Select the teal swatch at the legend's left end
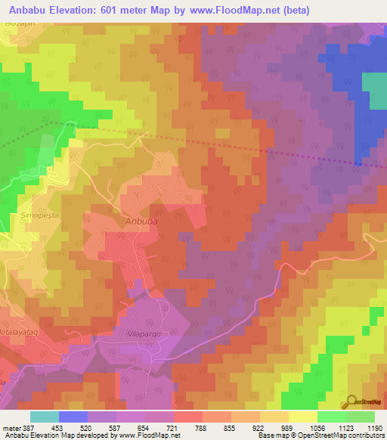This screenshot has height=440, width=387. [x=45, y=417]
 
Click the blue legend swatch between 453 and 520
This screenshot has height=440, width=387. [x=73, y=417]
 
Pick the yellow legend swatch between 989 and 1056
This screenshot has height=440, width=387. [x=302, y=417]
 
